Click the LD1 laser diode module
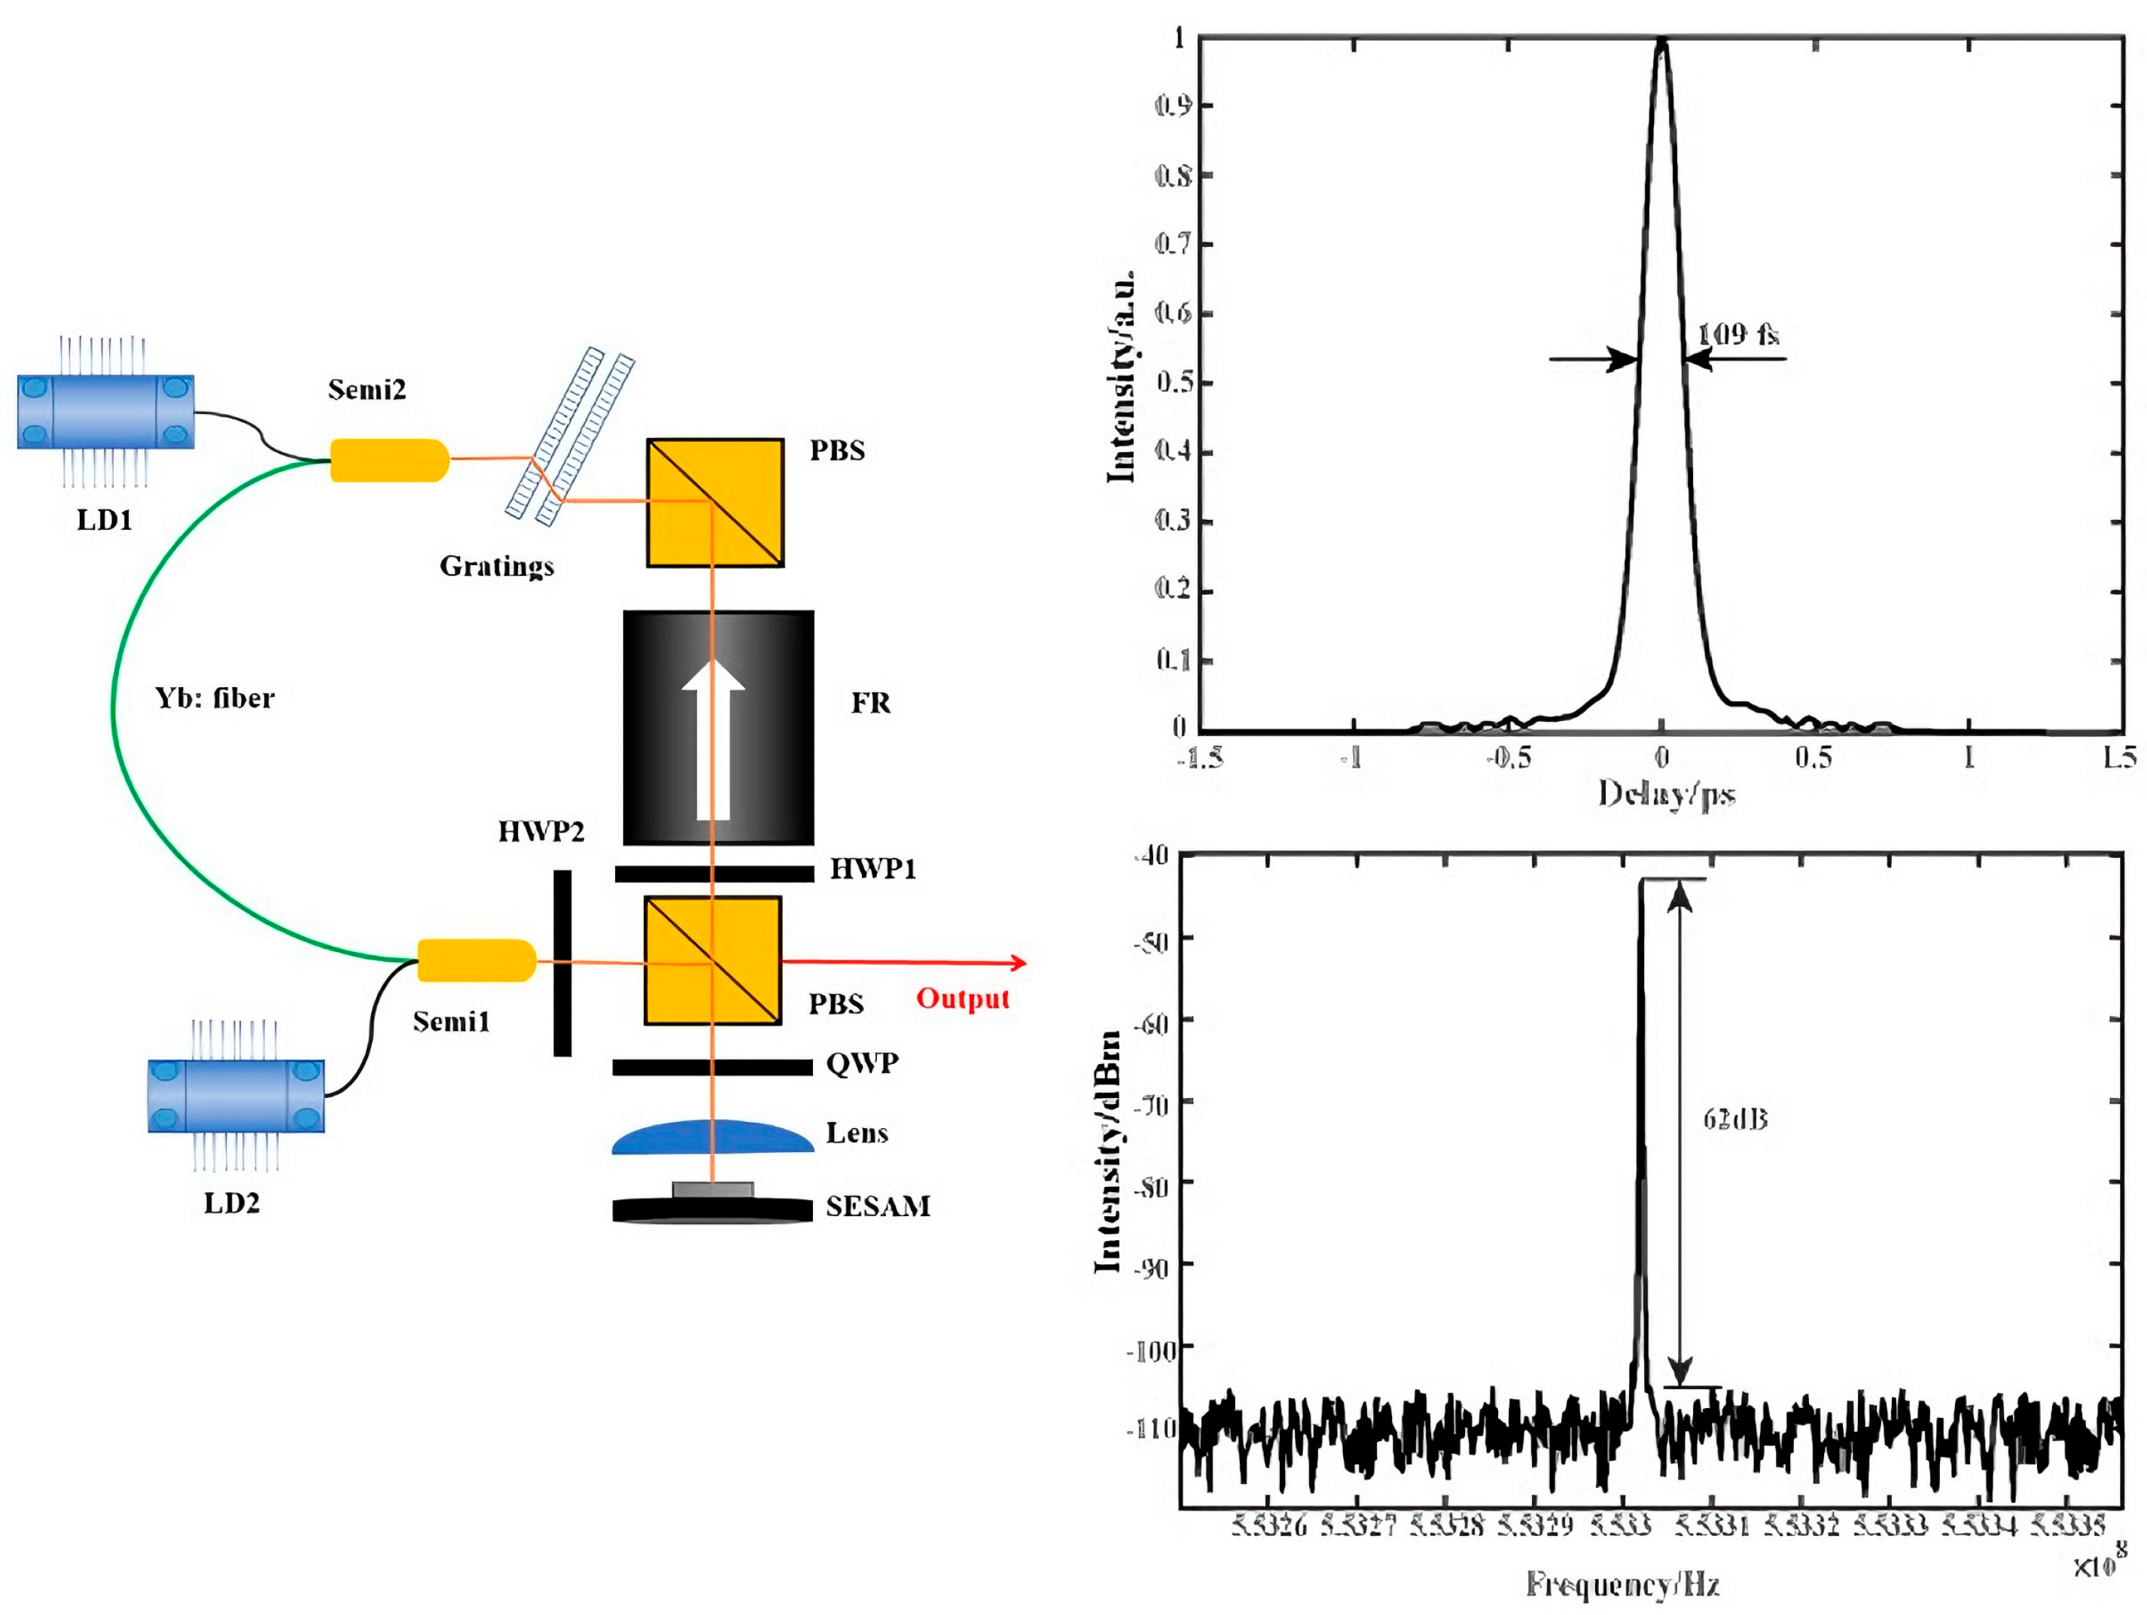coord(105,412)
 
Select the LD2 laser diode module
coord(236,1096)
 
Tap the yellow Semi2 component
coord(389,460)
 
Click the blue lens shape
coord(712,1137)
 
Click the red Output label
coord(963,999)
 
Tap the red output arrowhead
coord(1019,963)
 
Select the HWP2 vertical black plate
coord(562,963)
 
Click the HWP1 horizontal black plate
coord(714,874)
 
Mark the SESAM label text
coord(878,1206)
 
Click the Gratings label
coord(496,566)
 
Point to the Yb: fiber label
coord(215,698)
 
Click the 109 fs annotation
coord(1737,335)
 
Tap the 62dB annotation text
coord(1734,1119)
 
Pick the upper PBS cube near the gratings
coord(715,503)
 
